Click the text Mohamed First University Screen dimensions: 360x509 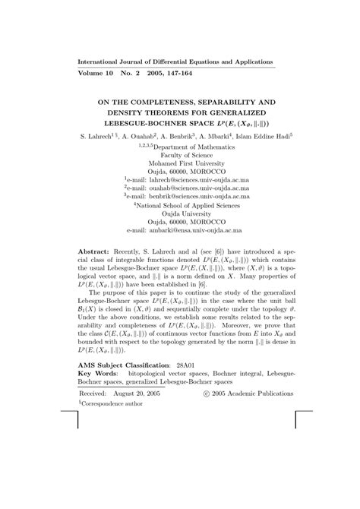pyautogui.click(x=180, y=160)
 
